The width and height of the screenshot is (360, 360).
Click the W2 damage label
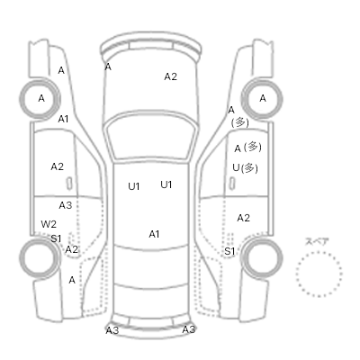[x=49, y=224]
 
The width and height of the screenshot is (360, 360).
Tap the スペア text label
[x=317, y=241]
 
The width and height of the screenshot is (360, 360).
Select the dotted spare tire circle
[x=319, y=274]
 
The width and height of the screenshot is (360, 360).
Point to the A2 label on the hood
[x=170, y=76]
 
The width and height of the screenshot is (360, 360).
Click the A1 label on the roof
[x=154, y=234]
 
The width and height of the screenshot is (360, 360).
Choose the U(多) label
[x=245, y=167]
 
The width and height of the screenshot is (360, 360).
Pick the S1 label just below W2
[x=56, y=238]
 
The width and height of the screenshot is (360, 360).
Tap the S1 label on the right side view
[x=229, y=251]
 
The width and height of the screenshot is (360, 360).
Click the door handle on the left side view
[x=69, y=184]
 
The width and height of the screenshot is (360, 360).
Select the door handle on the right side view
[x=232, y=184]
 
